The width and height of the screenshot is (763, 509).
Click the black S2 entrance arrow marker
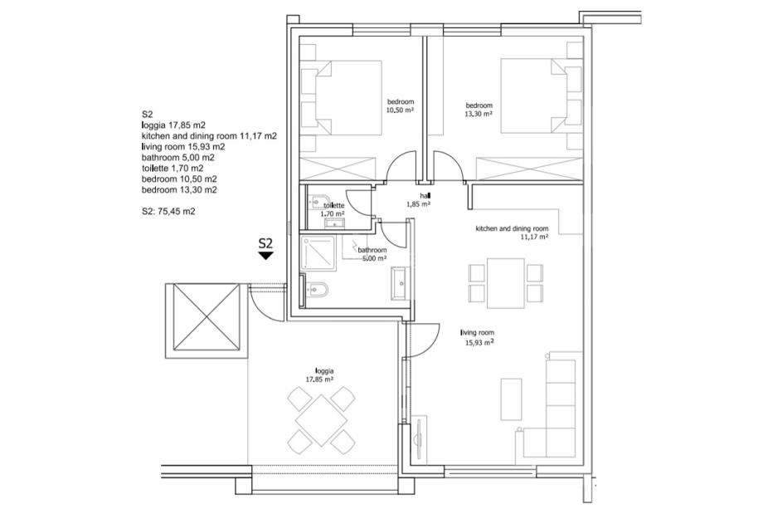point(265,255)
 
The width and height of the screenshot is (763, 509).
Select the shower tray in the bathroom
point(318,253)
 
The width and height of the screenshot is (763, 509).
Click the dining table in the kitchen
point(506,283)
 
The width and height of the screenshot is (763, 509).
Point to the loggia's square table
point(321,420)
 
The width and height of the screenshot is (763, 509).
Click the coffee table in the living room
point(511,399)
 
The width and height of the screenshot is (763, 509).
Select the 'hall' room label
point(425,196)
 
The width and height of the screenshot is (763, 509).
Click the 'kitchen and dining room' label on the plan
point(512,228)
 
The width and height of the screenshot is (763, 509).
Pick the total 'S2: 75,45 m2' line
point(168,212)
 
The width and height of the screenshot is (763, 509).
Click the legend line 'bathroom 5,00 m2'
point(178,157)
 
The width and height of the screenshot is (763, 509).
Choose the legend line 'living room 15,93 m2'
point(183,147)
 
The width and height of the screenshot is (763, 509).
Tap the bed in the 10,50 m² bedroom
point(348,97)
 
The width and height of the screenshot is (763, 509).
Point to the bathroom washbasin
point(401,282)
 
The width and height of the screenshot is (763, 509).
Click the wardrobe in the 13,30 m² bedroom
point(529,169)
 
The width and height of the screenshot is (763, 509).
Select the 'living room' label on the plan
point(478,333)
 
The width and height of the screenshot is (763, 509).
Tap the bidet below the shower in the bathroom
point(316,290)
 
